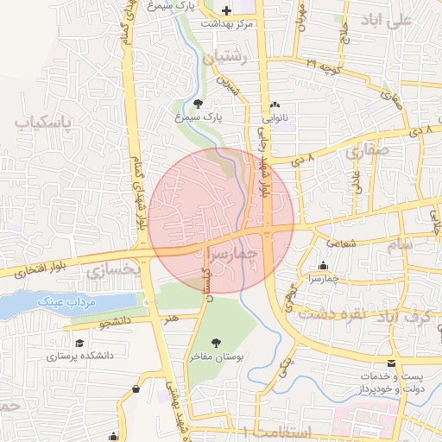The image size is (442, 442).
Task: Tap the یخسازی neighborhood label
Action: (x=113, y=269)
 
